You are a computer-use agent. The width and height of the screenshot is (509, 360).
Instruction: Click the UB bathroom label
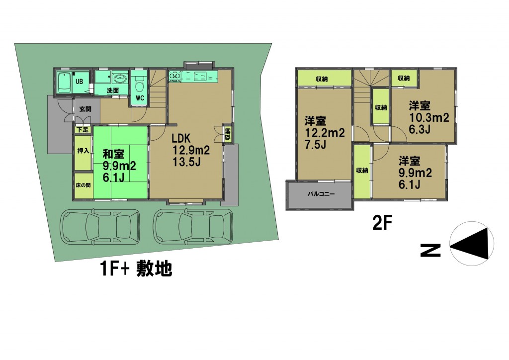79,81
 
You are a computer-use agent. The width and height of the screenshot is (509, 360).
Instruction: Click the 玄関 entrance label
85,109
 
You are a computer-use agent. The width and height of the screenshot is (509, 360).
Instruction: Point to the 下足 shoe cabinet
83,130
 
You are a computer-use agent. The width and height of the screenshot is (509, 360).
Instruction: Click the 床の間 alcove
83,185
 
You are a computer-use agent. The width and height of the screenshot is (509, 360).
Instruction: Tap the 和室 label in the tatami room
113,154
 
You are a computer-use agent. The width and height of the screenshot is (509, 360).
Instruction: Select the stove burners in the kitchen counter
175,76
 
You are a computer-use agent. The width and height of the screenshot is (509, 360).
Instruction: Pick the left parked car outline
100,227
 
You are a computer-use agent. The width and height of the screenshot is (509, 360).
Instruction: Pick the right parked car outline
193,227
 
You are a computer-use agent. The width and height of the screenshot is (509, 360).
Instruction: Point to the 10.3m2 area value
428,117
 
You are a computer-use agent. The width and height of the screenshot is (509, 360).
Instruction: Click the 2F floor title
382,224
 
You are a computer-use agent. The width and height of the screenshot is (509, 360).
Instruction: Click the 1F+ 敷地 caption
136,269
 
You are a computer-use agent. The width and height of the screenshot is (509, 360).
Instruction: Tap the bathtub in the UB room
64,83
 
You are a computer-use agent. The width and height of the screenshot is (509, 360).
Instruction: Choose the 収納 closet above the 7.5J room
324,79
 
